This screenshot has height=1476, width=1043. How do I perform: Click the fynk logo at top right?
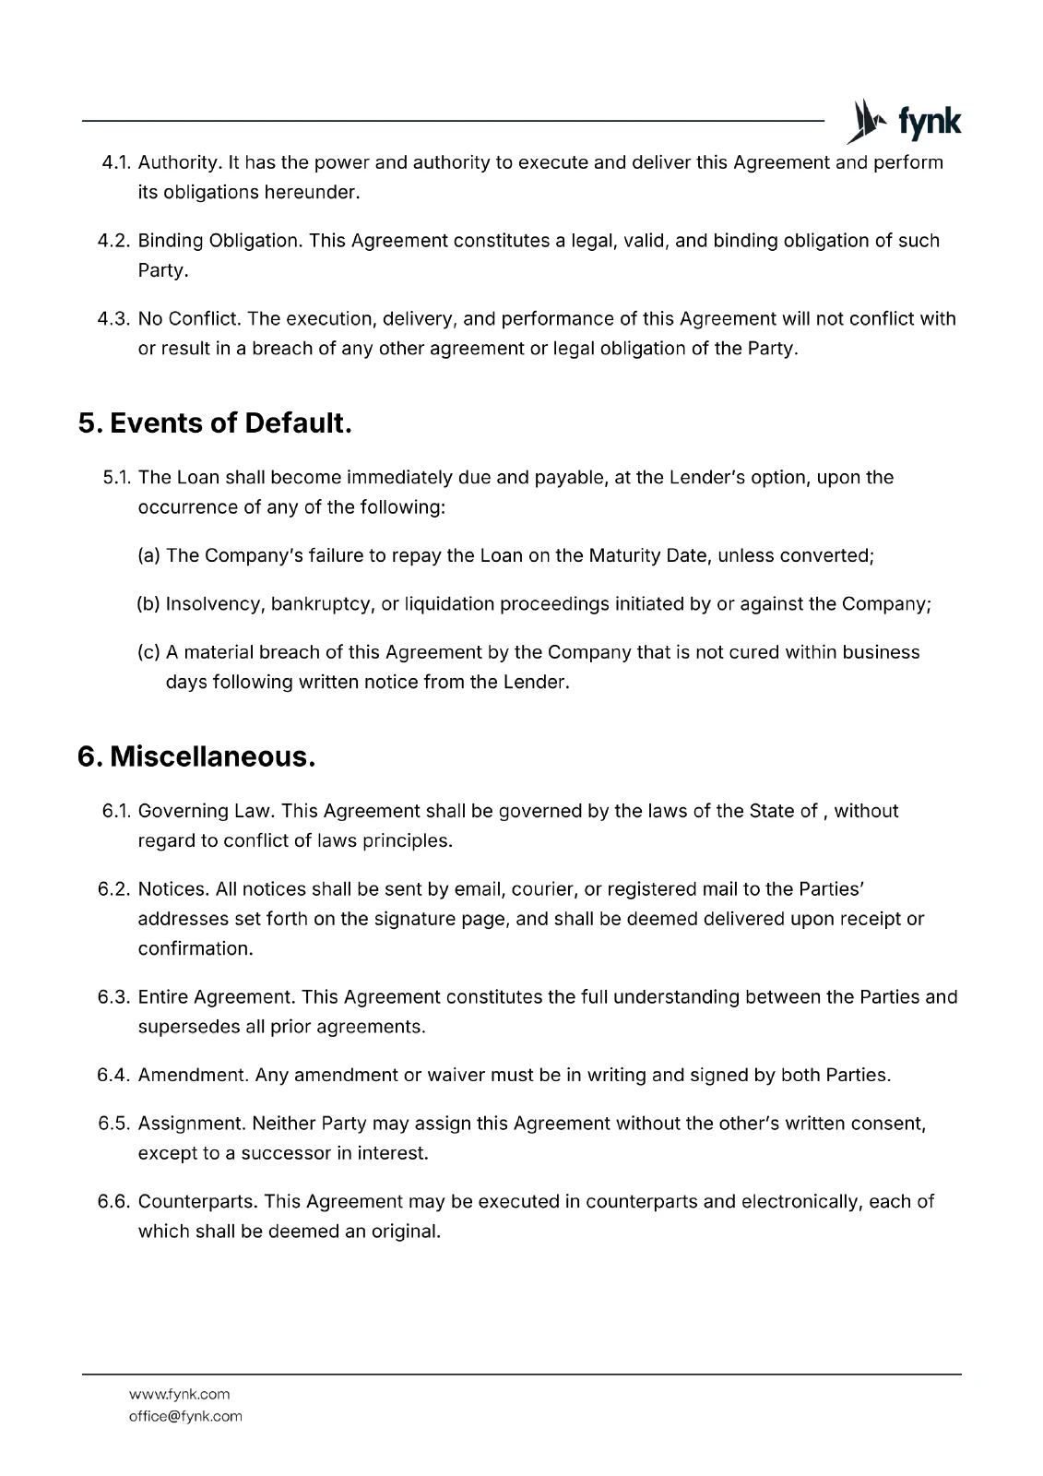point(904,122)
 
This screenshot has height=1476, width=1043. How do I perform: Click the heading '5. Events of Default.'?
point(215,423)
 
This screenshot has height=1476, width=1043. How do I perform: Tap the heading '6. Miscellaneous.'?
point(196,756)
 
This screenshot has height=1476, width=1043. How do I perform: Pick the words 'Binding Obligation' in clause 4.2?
point(219,241)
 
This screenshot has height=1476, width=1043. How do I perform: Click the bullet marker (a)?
point(148,556)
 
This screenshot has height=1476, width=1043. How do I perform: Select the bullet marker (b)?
point(148,604)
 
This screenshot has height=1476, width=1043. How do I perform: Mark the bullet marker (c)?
point(148,652)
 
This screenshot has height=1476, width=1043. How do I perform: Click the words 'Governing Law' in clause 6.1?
point(204,811)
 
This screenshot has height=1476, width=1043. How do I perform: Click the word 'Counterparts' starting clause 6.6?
point(198,1202)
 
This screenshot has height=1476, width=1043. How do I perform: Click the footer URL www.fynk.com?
point(179,1394)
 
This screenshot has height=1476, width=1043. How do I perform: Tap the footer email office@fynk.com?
point(185,1416)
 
